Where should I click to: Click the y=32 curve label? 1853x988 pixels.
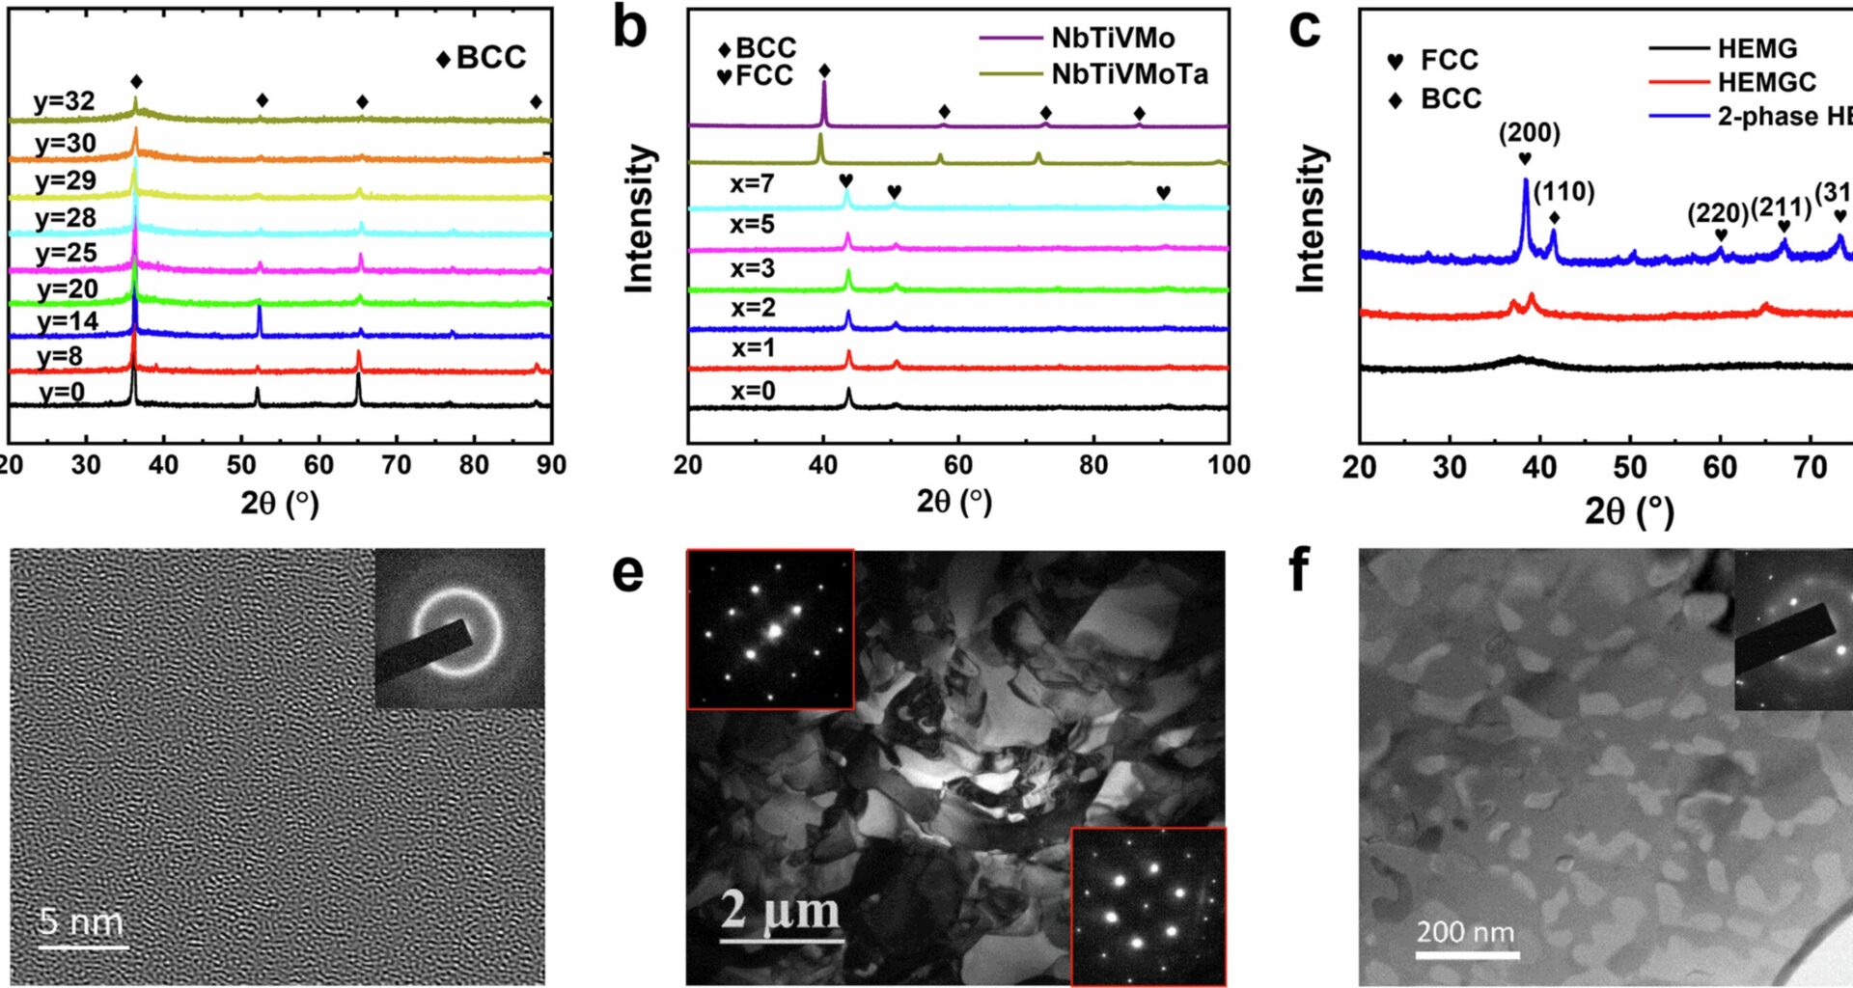pyautogui.click(x=65, y=101)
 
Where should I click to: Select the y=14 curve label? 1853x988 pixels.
pyautogui.click(x=68, y=321)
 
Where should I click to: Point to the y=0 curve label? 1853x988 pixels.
pyautogui.click(x=63, y=393)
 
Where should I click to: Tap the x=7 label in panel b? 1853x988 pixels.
pyautogui.click(x=752, y=183)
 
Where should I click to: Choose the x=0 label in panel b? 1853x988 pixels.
pyautogui.click(x=753, y=391)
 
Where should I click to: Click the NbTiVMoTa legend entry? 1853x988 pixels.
pyautogui.click(x=1129, y=74)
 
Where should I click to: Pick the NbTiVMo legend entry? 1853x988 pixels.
pyautogui.click(x=1113, y=39)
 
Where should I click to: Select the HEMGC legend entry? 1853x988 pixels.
pyautogui.click(x=1766, y=82)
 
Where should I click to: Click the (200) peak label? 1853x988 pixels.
pyautogui.click(x=1529, y=132)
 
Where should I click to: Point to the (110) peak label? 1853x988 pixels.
pyautogui.click(x=1563, y=191)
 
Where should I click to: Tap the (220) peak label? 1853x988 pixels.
pyautogui.click(x=1718, y=212)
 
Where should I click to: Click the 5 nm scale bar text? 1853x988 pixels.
pyautogui.click(x=82, y=922)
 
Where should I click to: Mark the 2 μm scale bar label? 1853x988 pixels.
pyautogui.click(x=781, y=910)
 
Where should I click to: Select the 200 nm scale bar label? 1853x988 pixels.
pyautogui.click(x=1466, y=932)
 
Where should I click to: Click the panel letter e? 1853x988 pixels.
pyautogui.click(x=628, y=572)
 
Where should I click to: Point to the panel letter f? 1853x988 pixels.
pyautogui.click(x=1299, y=569)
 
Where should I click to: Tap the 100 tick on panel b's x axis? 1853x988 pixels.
pyautogui.click(x=1228, y=465)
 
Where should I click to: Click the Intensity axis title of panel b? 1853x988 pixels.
pyautogui.click(x=639, y=218)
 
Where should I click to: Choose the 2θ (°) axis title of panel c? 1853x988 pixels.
pyautogui.click(x=1629, y=509)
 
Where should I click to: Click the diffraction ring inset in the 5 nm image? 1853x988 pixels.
pyautogui.click(x=459, y=629)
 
